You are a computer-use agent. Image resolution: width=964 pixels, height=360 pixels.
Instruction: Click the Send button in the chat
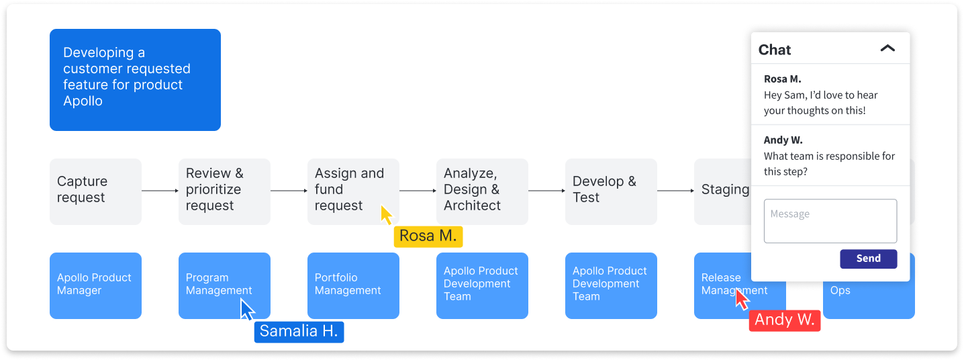click(x=868, y=259)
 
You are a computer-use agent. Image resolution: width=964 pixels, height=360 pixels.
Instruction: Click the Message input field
click(x=830, y=221)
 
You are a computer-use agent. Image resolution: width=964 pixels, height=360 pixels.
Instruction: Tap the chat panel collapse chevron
click(x=887, y=49)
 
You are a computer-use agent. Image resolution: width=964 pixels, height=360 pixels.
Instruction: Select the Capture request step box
click(x=95, y=191)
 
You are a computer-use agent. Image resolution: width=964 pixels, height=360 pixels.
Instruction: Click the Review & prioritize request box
click(x=224, y=191)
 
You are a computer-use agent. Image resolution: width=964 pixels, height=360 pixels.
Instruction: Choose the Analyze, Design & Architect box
click(x=482, y=191)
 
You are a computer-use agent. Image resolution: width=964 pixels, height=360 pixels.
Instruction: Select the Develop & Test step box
click(x=611, y=191)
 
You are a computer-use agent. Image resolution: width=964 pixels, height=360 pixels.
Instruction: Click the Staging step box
click(x=722, y=191)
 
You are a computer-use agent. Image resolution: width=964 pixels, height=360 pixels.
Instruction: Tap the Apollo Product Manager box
click(x=95, y=285)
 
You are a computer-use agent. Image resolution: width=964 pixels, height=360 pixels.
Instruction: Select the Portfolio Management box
click(x=353, y=285)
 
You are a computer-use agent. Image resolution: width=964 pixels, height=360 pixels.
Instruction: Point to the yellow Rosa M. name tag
click(x=428, y=236)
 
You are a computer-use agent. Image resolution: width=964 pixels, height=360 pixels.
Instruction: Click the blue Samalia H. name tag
click(x=299, y=332)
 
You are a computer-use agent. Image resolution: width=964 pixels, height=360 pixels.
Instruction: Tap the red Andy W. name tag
click(x=784, y=320)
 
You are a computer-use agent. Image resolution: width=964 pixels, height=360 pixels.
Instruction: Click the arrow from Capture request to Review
click(x=160, y=191)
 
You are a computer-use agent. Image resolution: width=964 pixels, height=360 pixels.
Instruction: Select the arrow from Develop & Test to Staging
click(x=675, y=191)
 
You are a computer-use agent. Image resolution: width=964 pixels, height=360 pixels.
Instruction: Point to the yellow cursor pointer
click(x=386, y=215)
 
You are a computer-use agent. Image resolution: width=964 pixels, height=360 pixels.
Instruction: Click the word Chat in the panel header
click(x=775, y=50)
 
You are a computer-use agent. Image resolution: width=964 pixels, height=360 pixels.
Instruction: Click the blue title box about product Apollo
click(x=135, y=80)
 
